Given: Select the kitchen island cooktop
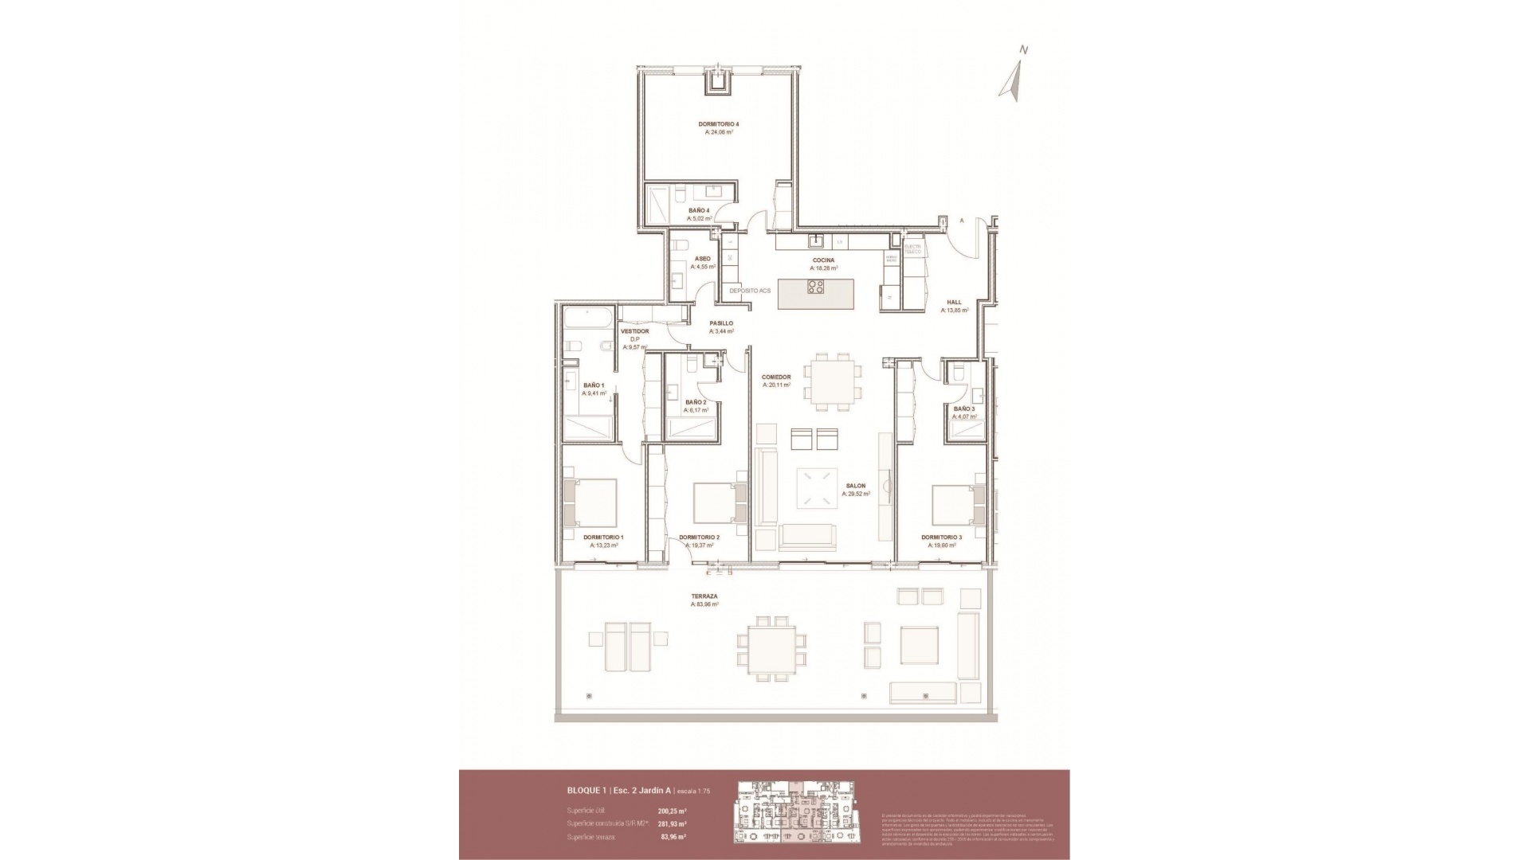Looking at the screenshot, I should [817, 287].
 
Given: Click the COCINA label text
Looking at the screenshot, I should [823, 260].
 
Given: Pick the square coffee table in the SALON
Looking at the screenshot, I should [818, 487].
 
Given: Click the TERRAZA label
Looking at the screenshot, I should [704, 596].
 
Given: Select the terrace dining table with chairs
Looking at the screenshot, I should [765, 649].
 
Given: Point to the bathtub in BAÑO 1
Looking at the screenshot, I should [587, 322].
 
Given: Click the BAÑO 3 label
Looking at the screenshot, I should [963, 408].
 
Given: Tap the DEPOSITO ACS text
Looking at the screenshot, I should [750, 291].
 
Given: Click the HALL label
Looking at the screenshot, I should [954, 303].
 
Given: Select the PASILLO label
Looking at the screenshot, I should [721, 323].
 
